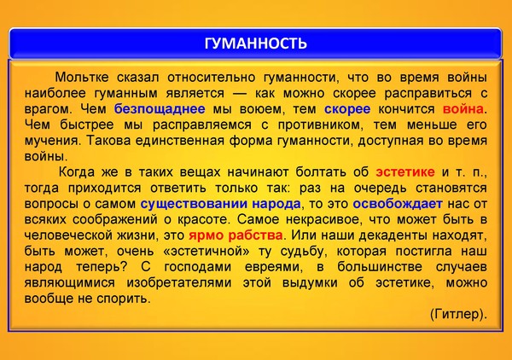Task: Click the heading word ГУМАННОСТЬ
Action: pos(256,43)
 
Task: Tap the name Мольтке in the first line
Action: pos(82,78)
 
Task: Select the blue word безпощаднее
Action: pos(160,109)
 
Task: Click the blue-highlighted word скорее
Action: pos(347,109)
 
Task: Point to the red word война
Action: pos(463,109)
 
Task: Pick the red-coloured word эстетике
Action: pos(404,172)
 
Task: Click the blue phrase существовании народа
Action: pos(220,204)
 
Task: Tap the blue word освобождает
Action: pos(398,204)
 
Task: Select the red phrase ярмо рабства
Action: pos(236,235)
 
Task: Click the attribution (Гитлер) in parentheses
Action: pos(458,314)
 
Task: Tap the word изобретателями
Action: pos(179,282)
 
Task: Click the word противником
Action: pos(320,125)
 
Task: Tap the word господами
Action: pos(198,267)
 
